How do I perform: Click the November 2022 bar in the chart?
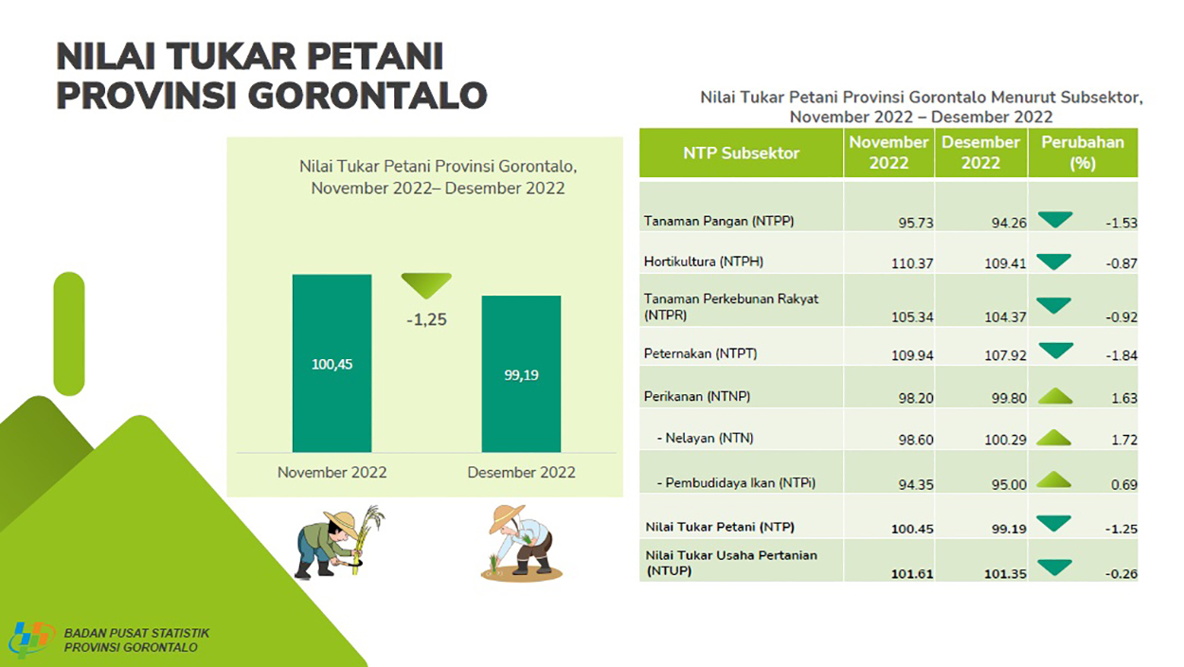[x=332, y=363]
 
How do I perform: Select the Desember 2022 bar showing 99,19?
[x=521, y=373]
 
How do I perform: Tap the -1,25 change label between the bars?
[x=426, y=319]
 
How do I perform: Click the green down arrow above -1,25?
[x=426, y=285]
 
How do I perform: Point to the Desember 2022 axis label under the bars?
[x=521, y=472]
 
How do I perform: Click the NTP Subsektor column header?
[x=741, y=153]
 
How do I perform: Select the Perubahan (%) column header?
[x=1083, y=153]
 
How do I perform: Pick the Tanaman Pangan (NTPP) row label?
[x=719, y=221]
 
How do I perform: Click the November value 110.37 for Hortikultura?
[x=912, y=263]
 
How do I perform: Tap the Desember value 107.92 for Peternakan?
[x=1005, y=355]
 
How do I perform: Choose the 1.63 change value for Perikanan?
[x=1124, y=398]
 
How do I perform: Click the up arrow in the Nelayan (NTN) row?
[x=1054, y=438]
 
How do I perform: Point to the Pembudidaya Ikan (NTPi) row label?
[x=736, y=482]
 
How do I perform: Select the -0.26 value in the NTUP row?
[x=1121, y=573]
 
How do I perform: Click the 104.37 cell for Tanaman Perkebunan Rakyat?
[x=1005, y=317]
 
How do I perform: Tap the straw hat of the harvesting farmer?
[x=342, y=521]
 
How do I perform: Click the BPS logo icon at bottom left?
[x=31, y=640]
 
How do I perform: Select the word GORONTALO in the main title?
[x=368, y=96]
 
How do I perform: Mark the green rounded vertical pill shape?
[x=69, y=334]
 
